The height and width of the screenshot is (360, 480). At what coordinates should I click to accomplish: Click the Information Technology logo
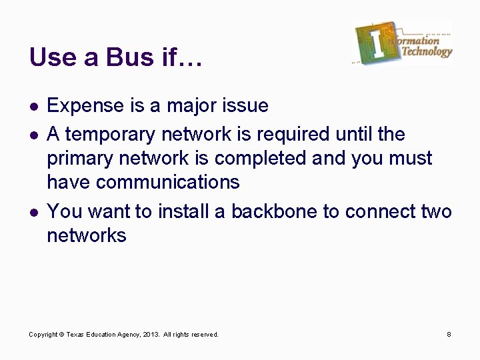click(403, 43)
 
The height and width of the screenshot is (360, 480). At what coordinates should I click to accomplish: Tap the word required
click(293, 134)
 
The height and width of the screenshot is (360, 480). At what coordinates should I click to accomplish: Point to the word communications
click(166, 182)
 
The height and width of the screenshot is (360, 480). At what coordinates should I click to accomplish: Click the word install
click(189, 211)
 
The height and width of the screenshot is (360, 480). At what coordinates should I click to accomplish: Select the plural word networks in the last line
click(87, 235)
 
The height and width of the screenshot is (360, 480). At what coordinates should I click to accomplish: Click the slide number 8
click(449, 334)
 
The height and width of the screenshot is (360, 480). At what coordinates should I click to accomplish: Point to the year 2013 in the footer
click(151, 334)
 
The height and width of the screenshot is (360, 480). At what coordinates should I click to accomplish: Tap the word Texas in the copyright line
click(76, 334)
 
